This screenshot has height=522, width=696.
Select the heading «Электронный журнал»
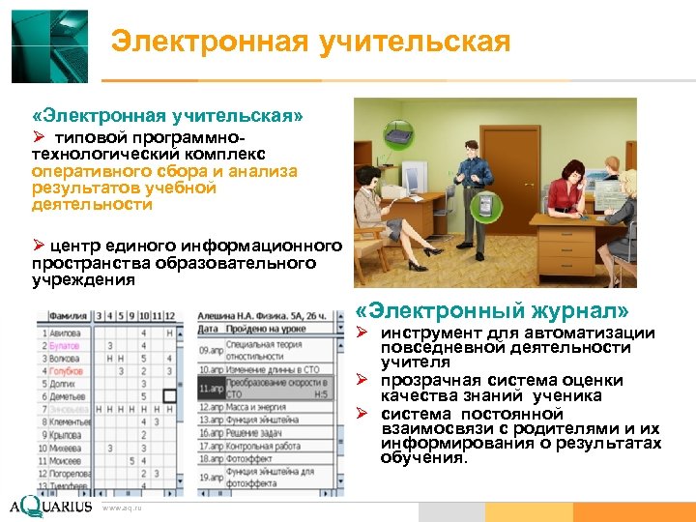pos(492,310)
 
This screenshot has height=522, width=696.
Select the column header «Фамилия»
pos(64,315)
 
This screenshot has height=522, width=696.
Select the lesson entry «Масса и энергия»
pos(261,408)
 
